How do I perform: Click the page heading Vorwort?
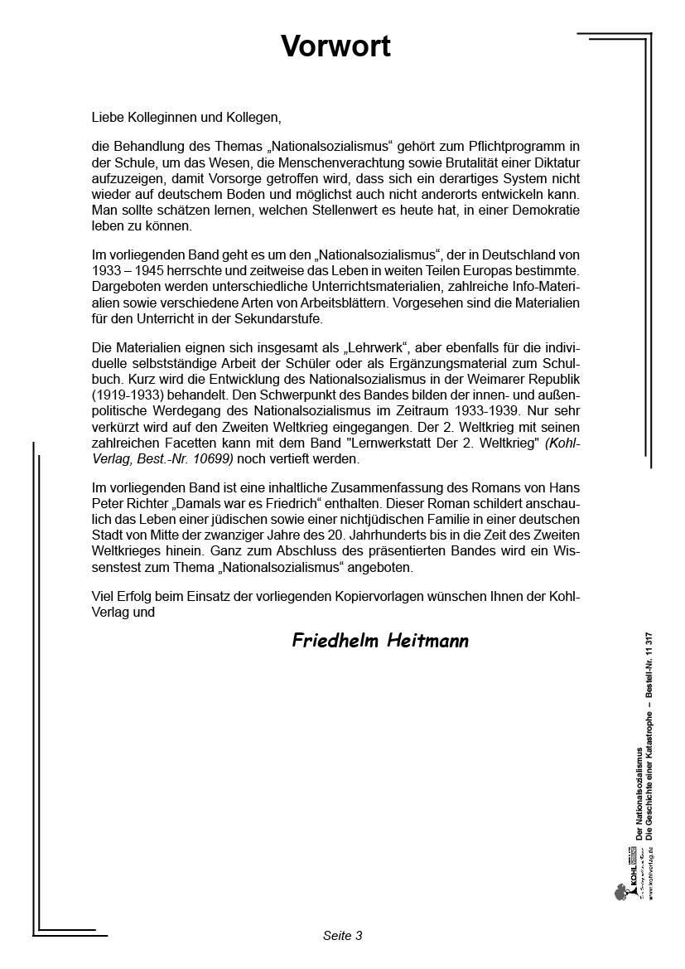pyautogui.click(x=335, y=46)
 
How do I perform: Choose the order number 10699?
pyautogui.click(x=212, y=457)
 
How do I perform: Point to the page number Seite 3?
pyautogui.click(x=342, y=936)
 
